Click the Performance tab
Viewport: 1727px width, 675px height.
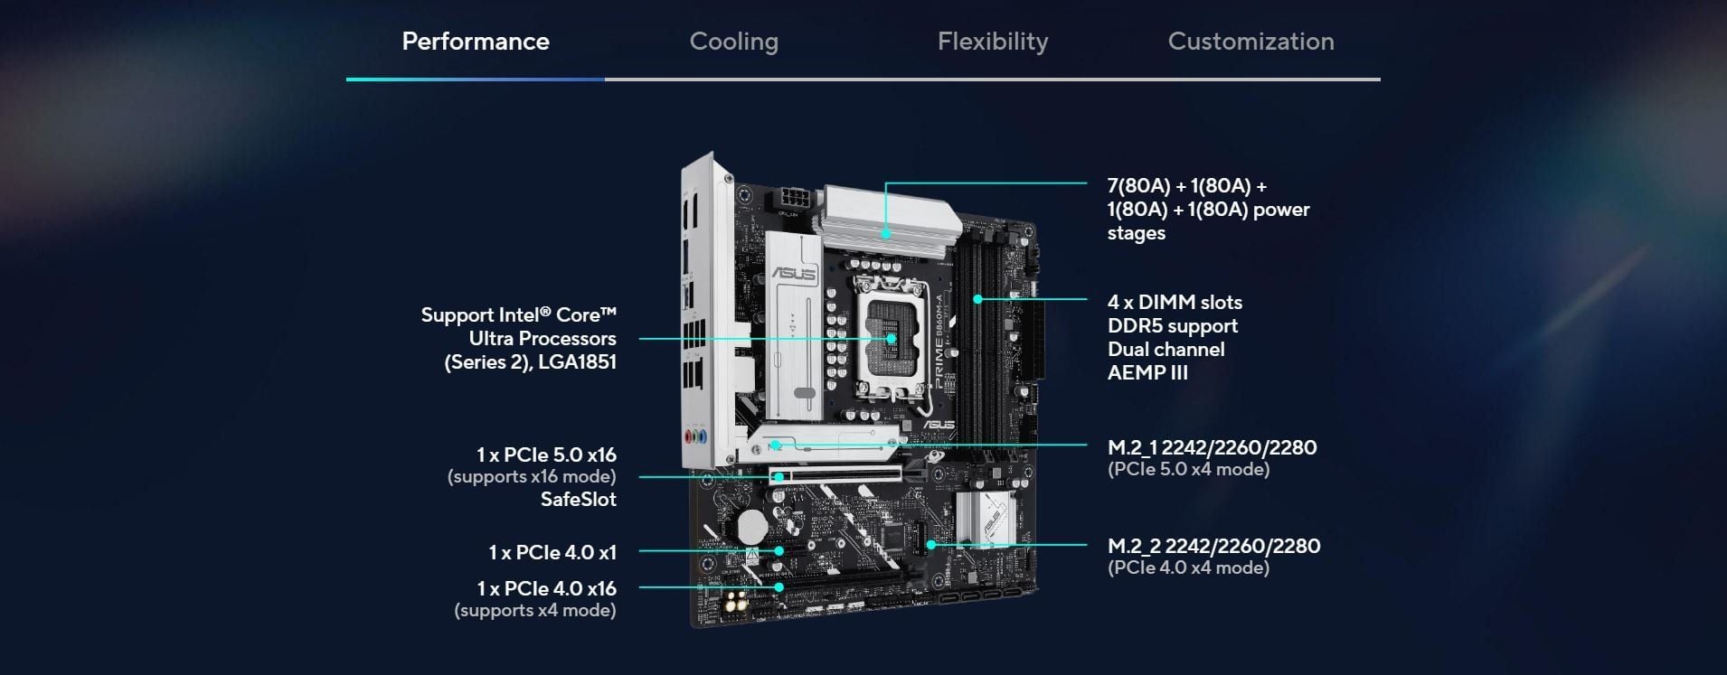(476, 42)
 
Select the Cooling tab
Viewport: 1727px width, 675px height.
(734, 42)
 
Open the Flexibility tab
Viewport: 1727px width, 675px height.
(993, 42)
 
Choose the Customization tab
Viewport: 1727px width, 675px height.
(1251, 42)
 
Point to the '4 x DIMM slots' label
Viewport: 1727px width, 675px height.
(1175, 303)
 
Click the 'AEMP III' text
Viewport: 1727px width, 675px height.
(1147, 373)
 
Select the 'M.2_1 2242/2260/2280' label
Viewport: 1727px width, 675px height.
(1212, 447)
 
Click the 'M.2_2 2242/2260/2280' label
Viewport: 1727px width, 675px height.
(1213, 546)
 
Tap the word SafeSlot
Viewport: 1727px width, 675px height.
(579, 500)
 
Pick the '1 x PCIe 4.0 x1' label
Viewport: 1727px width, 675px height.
(552, 552)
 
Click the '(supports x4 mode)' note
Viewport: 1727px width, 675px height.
(535, 611)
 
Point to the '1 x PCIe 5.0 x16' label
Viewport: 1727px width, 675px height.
(547, 455)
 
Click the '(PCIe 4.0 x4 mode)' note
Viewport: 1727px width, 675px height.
(1188, 567)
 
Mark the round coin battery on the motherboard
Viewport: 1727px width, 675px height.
(750, 525)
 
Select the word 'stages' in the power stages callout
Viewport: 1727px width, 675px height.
(1137, 233)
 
